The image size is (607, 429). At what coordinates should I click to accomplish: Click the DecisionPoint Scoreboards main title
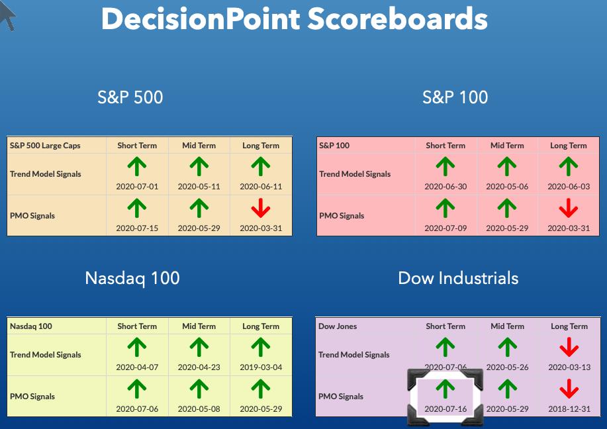(x=294, y=19)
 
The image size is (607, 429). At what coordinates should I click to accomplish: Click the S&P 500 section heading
(x=130, y=97)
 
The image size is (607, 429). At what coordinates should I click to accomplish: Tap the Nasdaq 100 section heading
(x=132, y=278)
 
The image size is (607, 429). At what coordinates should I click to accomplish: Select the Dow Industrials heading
(x=458, y=278)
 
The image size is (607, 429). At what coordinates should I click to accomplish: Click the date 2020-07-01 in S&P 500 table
(x=137, y=187)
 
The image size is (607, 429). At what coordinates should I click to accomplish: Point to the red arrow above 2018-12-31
(x=569, y=389)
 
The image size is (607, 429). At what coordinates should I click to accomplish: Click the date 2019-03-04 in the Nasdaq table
(x=261, y=367)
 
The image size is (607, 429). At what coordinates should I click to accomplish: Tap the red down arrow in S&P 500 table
(x=261, y=208)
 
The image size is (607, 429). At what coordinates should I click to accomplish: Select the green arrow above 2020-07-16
(x=445, y=389)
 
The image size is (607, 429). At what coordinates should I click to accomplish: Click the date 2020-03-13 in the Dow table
(x=569, y=367)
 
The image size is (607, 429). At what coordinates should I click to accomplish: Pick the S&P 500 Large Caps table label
(x=45, y=146)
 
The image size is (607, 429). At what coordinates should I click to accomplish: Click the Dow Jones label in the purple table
(x=338, y=326)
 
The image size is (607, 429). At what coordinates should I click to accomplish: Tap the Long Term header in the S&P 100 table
(x=569, y=146)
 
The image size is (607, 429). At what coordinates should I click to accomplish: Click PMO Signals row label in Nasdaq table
(x=32, y=397)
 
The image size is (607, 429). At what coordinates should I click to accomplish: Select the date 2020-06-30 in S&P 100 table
(x=445, y=187)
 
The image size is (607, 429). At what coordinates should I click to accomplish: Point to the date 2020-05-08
(x=199, y=409)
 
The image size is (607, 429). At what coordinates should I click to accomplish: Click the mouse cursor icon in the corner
(x=8, y=15)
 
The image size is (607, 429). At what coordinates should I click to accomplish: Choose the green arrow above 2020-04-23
(x=199, y=348)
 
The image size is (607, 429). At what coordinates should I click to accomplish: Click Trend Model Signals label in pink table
(x=355, y=174)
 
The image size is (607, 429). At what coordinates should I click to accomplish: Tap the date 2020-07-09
(x=445, y=228)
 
